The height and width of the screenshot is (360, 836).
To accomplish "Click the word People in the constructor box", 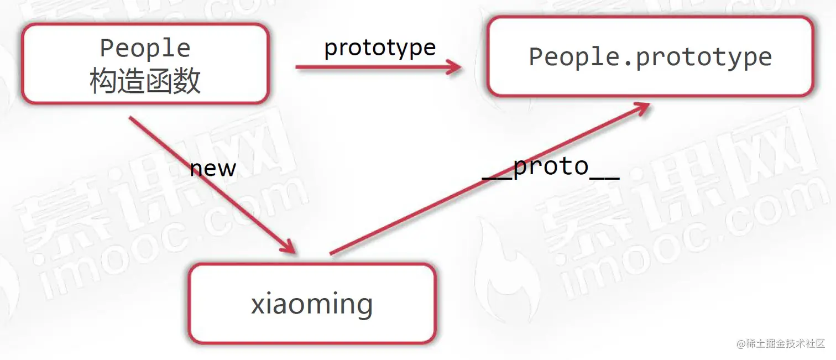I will (x=145, y=48).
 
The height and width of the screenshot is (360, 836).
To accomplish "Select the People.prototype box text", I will (x=650, y=57).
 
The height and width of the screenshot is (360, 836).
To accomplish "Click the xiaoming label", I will (x=312, y=304).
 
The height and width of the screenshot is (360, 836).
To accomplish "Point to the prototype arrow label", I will (x=380, y=48).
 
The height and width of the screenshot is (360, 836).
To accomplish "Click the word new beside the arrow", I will (x=213, y=168).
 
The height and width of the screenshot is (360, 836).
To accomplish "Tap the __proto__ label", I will (x=551, y=167).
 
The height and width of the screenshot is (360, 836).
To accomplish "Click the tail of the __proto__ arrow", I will (x=332, y=253).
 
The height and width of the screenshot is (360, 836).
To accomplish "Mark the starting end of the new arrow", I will (x=131, y=118).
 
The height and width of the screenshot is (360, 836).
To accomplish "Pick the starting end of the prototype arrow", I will (x=297, y=67).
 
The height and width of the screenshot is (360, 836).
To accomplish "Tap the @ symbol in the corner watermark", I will (x=741, y=344).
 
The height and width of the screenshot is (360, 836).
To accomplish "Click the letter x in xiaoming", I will (x=258, y=305).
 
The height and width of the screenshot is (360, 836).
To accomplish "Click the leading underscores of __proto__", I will (x=497, y=176).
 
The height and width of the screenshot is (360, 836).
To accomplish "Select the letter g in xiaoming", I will (x=362, y=307).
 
